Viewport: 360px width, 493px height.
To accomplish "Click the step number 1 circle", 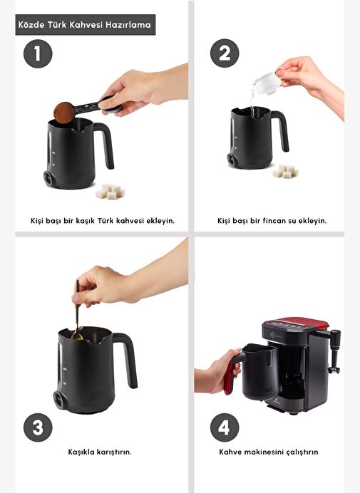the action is [38, 53].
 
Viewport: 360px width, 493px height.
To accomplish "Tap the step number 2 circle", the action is [225, 53].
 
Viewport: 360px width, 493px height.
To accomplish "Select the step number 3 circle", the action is [38, 427].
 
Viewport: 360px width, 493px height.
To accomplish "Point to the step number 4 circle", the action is [225, 427].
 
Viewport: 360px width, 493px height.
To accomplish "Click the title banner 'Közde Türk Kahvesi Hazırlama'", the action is [86, 24].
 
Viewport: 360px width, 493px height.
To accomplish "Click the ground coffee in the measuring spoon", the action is [64, 113].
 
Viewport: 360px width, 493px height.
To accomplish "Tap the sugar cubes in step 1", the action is [110, 192].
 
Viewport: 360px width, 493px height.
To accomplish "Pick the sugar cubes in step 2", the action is [285, 172].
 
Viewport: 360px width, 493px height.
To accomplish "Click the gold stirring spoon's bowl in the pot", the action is [77, 336].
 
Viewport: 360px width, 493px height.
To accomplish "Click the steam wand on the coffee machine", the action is [335, 351].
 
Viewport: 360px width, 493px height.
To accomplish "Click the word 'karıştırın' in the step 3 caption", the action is [114, 452].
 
